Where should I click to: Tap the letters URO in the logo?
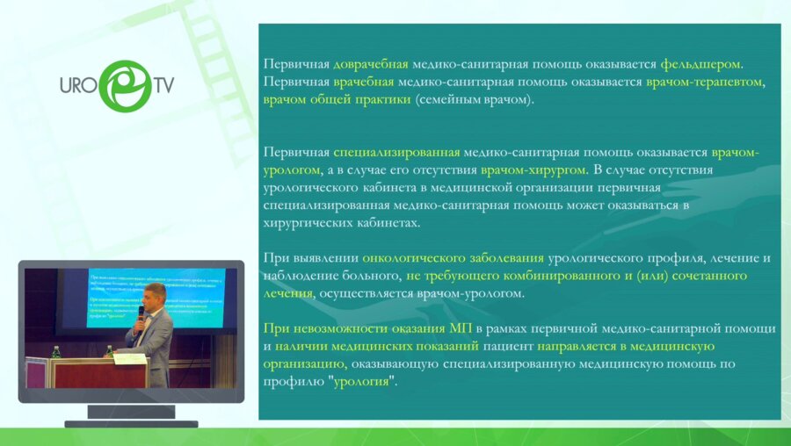(77, 86)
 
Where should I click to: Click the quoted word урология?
(364, 382)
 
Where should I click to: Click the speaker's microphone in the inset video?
(141, 313)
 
